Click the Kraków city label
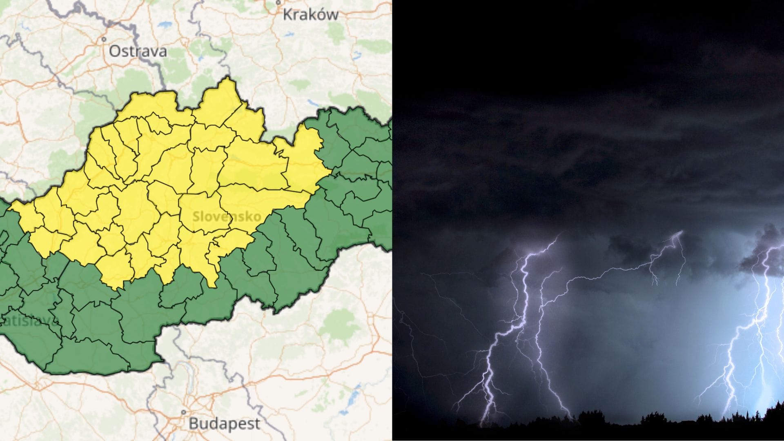click(x=310, y=15)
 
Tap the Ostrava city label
click(x=138, y=51)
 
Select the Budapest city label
click(x=224, y=423)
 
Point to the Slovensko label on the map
click(x=226, y=216)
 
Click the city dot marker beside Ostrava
click(x=104, y=40)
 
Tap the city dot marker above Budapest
click(x=184, y=412)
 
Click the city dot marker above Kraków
click(x=278, y=2)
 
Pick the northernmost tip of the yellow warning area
click(x=227, y=77)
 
